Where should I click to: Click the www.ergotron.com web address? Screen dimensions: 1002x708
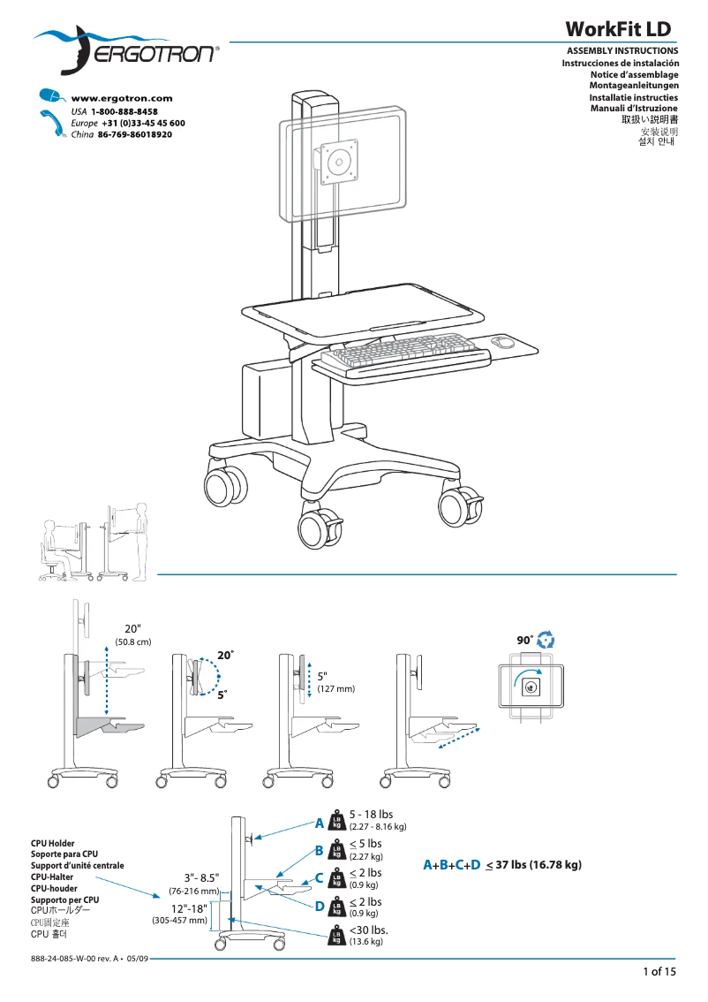point(121,98)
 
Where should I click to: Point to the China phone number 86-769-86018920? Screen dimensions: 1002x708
point(134,134)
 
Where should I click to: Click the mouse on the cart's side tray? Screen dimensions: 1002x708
point(502,342)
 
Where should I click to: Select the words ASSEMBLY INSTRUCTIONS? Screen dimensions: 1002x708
point(621,51)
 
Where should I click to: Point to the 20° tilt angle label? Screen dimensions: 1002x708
point(226,656)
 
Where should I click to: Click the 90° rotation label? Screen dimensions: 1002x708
point(525,639)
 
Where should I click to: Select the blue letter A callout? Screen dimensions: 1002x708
point(320,824)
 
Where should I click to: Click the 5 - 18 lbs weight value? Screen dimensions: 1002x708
point(371,814)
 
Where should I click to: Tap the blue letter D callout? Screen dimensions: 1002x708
point(320,906)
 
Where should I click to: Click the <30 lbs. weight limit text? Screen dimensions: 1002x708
point(369,930)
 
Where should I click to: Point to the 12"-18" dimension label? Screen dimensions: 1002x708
point(189,908)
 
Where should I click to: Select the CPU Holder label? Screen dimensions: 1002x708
point(53,843)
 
